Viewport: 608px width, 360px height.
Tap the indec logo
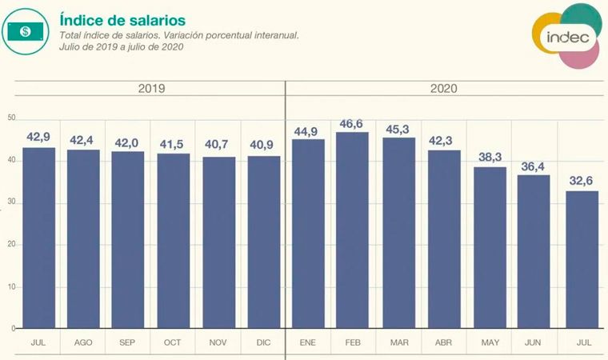click(567, 37)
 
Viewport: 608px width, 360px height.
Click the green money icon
click(26, 30)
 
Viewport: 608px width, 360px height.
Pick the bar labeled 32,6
click(582, 259)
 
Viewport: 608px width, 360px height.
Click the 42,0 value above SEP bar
click(128, 144)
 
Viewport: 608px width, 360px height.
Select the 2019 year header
click(151, 88)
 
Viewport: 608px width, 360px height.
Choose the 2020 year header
click(444, 88)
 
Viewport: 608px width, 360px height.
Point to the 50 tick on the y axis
click(11, 118)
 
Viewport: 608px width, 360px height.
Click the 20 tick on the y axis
click(11, 244)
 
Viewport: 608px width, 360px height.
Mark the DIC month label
click(264, 342)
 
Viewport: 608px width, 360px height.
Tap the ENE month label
click(309, 342)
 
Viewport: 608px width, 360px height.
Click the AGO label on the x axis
click(83, 342)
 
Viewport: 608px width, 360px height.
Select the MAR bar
click(398, 233)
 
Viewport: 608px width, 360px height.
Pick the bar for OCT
click(174, 241)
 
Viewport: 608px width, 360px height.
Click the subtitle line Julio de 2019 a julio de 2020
click(122, 47)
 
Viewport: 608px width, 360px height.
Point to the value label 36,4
click(534, 167)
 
